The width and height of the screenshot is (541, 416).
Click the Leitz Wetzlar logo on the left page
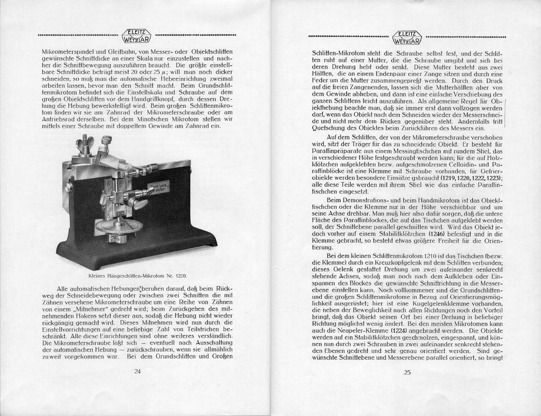click(x=137, y=35)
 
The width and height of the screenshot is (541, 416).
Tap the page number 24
click(x=137, y=371)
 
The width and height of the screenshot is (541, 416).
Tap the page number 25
click(x=407, y=372)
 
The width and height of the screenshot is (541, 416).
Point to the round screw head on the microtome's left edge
click(x=69, y=187)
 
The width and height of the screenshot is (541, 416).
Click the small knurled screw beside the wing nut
click(x=105, y=141)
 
